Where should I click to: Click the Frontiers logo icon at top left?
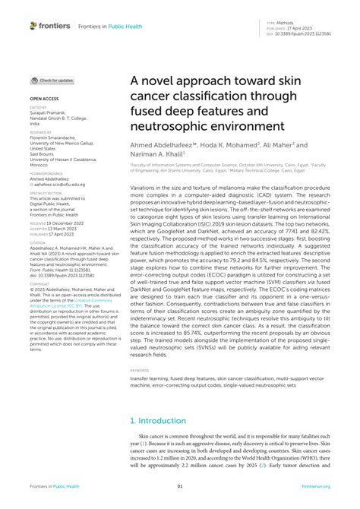click(33, 25)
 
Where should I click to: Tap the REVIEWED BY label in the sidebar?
click(41, 131)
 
